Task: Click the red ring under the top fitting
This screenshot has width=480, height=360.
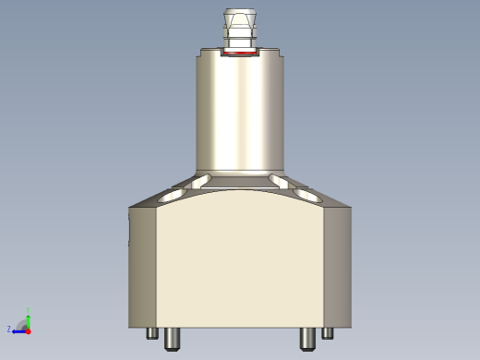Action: (x=240, y=54)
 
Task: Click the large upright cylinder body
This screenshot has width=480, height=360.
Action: (x=240, y=115)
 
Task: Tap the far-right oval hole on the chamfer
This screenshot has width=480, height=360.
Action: (x=308, y=196)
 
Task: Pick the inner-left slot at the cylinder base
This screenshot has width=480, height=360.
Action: (x=202, y=179)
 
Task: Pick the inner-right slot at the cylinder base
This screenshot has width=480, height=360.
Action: (x=278, y=179)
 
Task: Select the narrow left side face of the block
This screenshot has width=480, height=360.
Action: (x=142, y=268)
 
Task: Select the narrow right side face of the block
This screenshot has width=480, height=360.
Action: (x=338, y=268)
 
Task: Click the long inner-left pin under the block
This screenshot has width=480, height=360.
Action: (x=171, y=339)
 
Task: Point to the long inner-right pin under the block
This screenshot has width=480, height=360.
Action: (x=308, y=339)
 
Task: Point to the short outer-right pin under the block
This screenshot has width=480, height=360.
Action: (x=328, y=333)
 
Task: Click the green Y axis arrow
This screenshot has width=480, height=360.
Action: (x=29, y=318)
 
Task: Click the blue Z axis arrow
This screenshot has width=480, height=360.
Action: (x=18, y=330)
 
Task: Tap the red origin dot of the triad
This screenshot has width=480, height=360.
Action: (x=29, y=330)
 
